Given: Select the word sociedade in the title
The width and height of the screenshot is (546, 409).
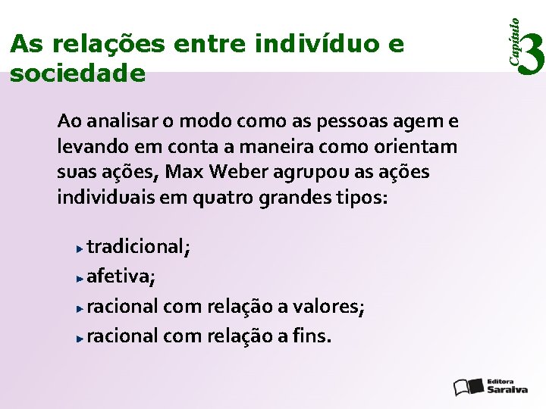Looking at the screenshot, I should click(x=77, y=73).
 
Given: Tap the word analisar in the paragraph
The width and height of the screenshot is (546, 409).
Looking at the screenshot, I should click(x=121, y=121).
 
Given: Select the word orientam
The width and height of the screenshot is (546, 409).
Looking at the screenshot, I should click(x=416, y=147).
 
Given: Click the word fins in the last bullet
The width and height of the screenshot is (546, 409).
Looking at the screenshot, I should click(x=313, y=336).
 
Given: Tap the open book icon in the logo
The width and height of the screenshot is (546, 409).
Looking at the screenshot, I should click(x=466, y=386).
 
